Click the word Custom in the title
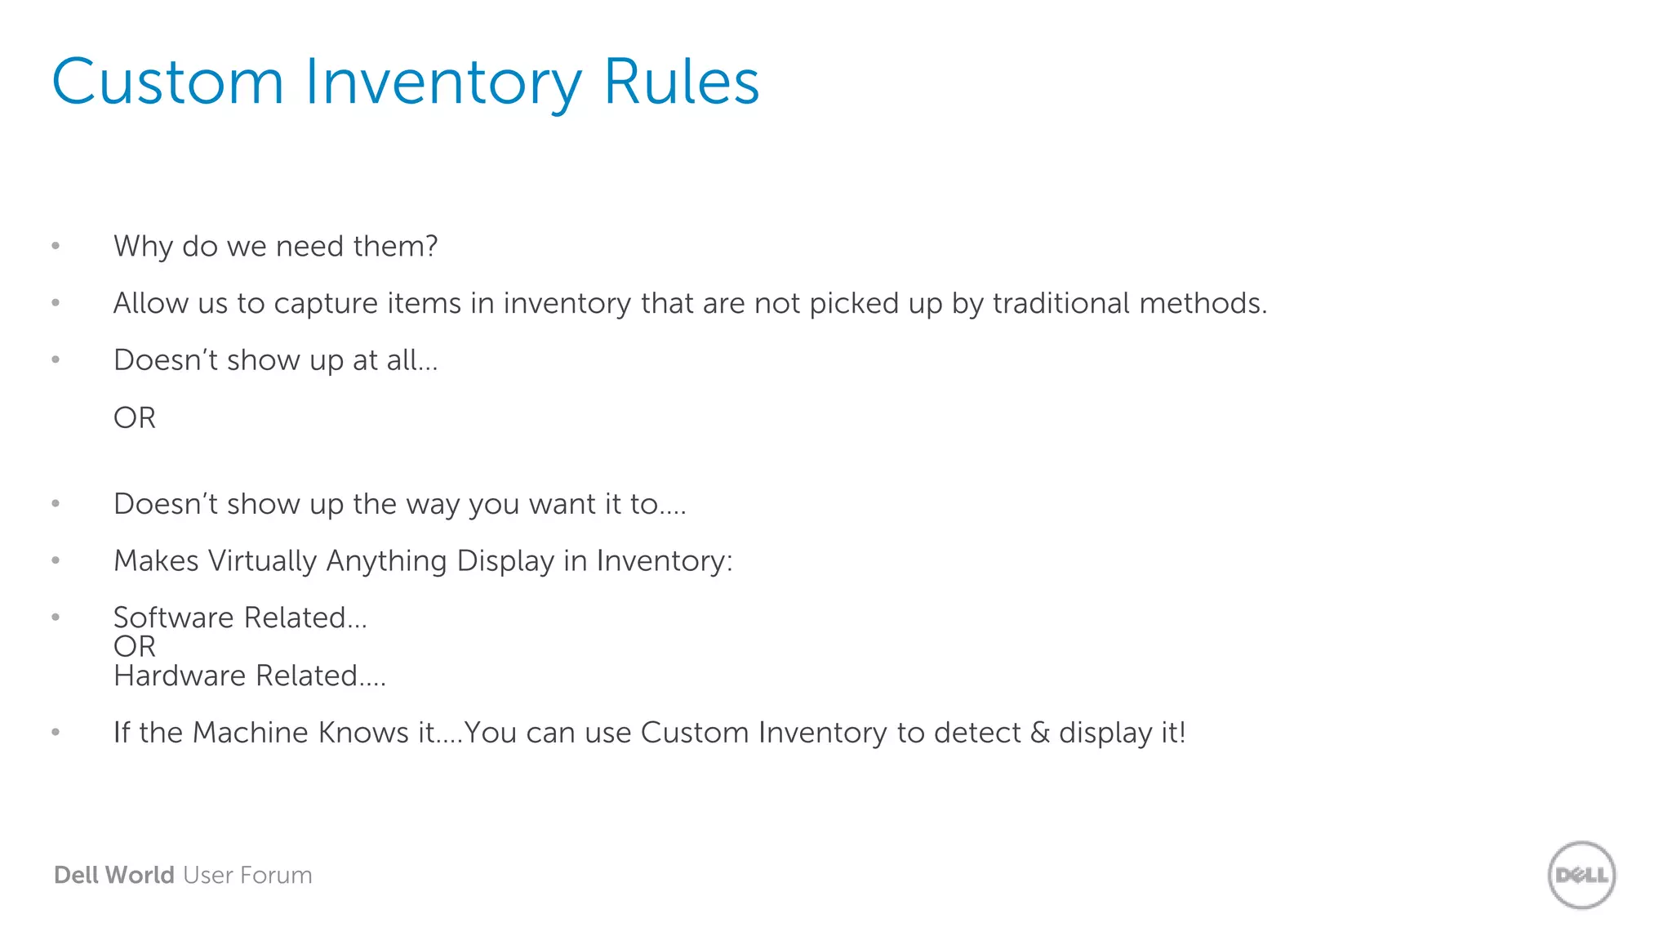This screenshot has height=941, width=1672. (x=167, y=82)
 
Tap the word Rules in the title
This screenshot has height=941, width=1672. (x=681, y=82)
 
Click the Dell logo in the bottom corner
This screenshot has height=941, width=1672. (x=1581, y=875)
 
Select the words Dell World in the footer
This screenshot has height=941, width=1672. (x=113, y=875)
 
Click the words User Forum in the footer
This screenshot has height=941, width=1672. (x=247, y=875)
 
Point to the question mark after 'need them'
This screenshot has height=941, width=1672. (x=431, y=246)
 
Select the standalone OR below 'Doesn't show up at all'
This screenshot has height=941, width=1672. (x=135, y=417)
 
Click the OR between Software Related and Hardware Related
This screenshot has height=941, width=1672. (x=135, y=646)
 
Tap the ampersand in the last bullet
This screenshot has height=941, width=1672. (x=1040, y=733)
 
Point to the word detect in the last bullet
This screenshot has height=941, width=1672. (x=977, y=733)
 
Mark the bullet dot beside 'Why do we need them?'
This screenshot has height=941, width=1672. (x=56, y=246)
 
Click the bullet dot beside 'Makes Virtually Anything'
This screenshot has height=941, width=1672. (x=56, y=560)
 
